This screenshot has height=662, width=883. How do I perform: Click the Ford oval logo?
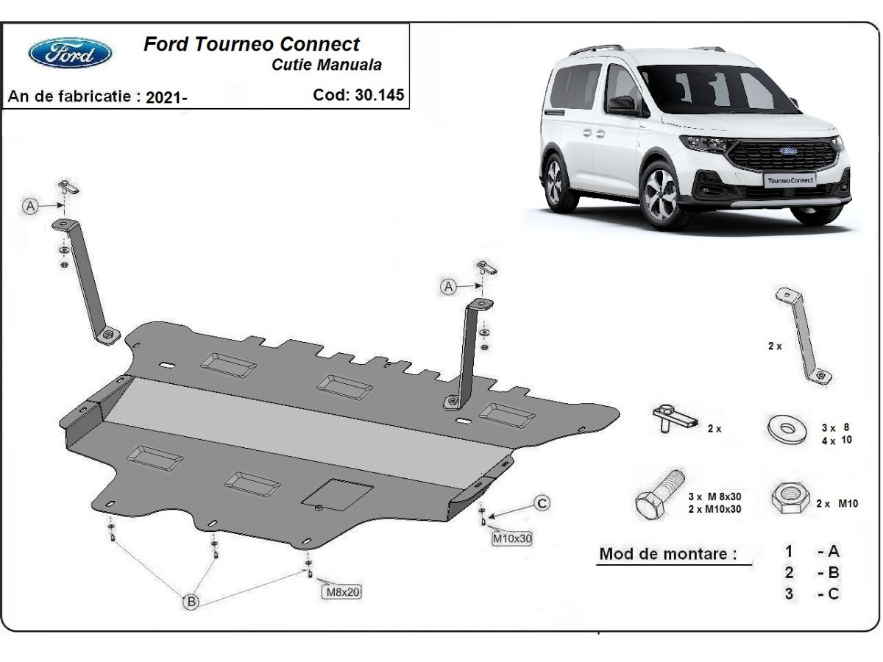pos(70,53)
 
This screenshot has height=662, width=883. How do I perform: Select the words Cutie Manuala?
pos(327,65)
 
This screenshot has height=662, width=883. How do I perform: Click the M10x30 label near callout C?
pos(511,538)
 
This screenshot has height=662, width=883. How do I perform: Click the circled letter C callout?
pos(541,503)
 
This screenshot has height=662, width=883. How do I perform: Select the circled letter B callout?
pos(191,602)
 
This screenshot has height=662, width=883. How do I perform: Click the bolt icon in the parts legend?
pos(659,495)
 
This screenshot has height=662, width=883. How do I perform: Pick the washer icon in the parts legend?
pos(787,429)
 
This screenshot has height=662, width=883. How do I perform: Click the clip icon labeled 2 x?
pos(673,419)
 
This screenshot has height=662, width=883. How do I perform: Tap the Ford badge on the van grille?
pos(789,151)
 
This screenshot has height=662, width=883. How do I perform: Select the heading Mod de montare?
pos(667,554)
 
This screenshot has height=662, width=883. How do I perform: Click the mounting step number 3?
pos(789,594)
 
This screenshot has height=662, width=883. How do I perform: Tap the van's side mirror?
pos(621,104)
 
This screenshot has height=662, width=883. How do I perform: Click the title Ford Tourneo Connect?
pos(252,43)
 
